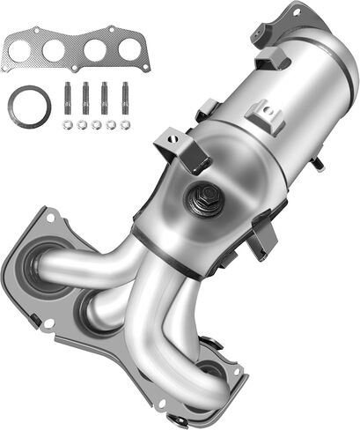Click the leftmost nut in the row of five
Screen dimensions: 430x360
coord(67,125)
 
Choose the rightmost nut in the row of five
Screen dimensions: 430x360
coord(125,125)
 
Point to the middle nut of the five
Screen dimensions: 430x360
coord(96,125)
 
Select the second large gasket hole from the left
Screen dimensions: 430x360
coord(55,51)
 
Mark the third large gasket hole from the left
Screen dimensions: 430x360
coord(92,51)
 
